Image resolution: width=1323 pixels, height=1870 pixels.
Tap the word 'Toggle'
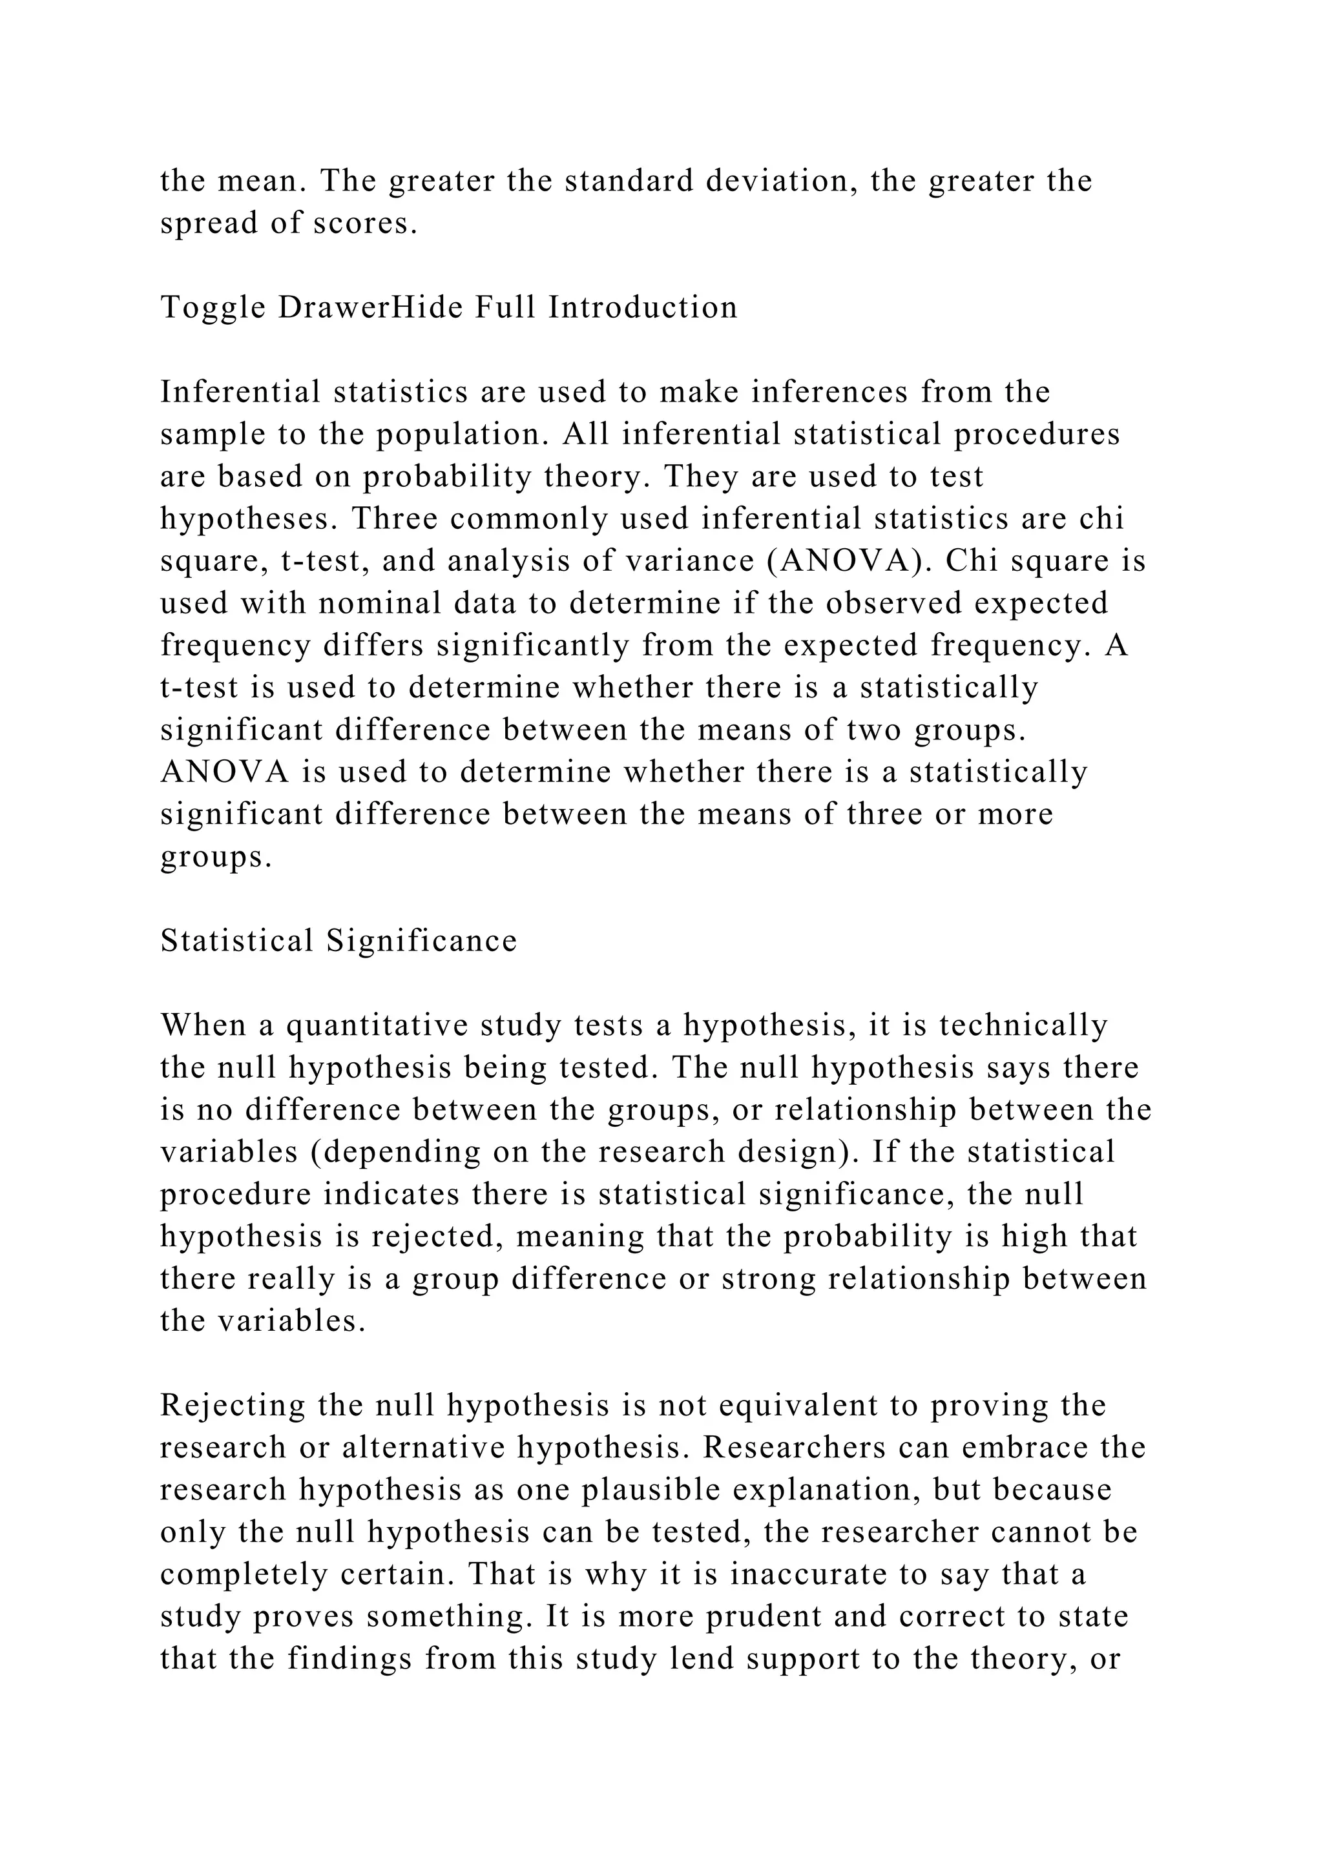pyautogui.click(x=213, y=307)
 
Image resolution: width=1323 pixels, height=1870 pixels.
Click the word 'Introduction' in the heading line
pyautogui.click(x=643, y=307)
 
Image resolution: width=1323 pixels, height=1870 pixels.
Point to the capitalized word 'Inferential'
pyautogui.click(x=241, y=392)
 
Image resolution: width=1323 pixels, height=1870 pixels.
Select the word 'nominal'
pyautogui.click(x=378, y=604)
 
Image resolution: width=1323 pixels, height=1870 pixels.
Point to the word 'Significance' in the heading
pyautogui.click(x=422, y=941)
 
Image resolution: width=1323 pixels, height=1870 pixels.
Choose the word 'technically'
pyautogui.click(x=1023, y=1025)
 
